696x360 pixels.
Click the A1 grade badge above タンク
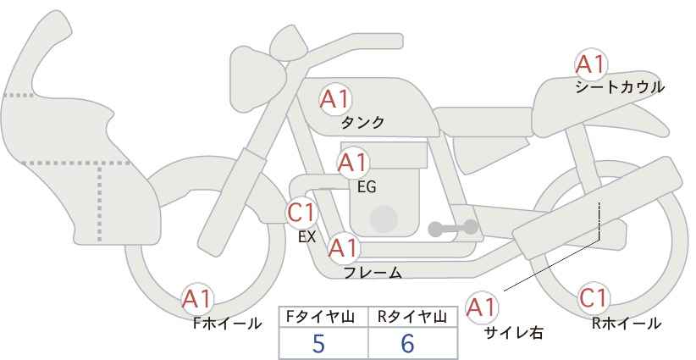point(335,100)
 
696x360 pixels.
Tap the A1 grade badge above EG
point(353,163)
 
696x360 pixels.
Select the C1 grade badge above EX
point(301,212)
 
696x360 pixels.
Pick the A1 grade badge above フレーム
point(343,247)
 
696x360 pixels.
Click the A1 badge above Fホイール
point(197,300)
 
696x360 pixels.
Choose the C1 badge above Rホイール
point(594,298)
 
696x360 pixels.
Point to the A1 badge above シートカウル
point(590,64)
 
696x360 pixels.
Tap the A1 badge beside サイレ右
point(482,307)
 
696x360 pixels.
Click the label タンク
point(362,123)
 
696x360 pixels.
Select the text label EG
point(367,187)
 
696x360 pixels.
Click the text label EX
point(307,237)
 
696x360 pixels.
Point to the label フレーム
point(373,273)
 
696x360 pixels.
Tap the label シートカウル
point(620,87)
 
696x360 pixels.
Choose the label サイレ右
point(514,333)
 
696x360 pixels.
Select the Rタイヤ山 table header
point(412,317)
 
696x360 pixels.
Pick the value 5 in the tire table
point(318,344)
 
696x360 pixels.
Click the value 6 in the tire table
point(407,343)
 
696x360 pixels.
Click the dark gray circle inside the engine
point(384,219)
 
